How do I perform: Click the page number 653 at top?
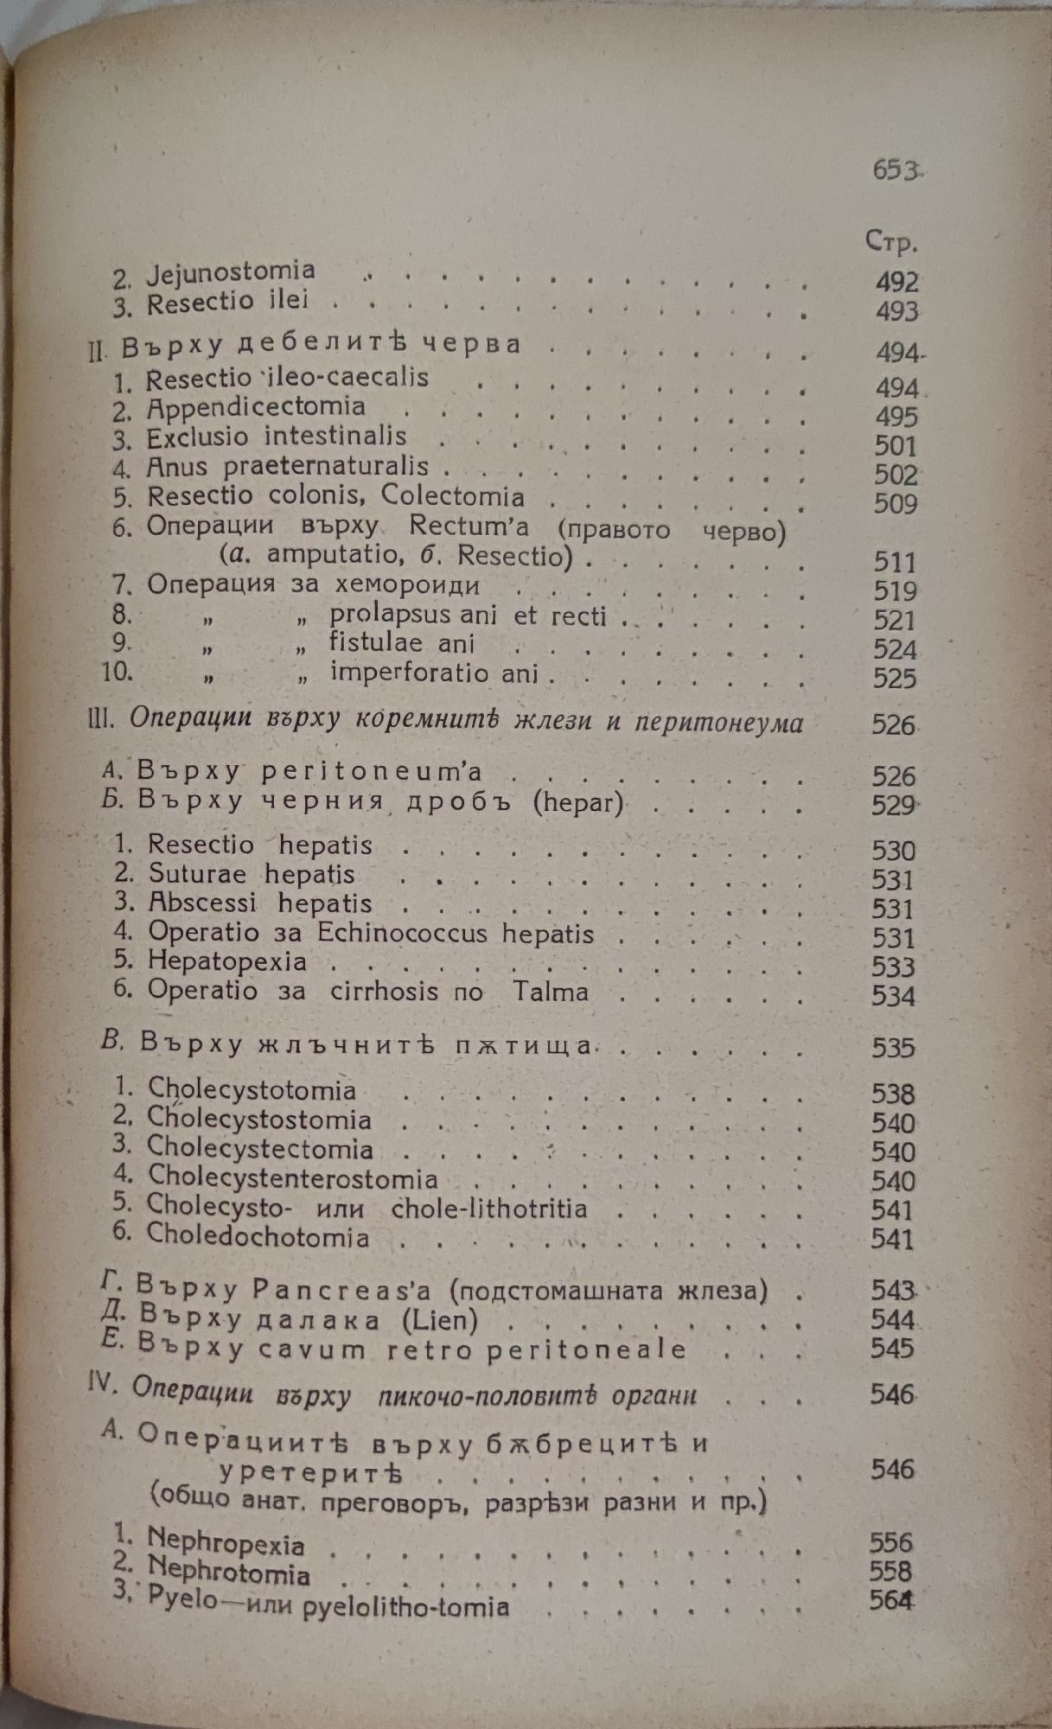(894, 170)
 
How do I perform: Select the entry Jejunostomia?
(231, 274)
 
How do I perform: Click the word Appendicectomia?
(256, 406)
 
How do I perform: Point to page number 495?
(895, 418)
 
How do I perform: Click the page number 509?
(895, 504)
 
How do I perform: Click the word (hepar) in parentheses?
(577, 803)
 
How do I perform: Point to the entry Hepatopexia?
(227, 961)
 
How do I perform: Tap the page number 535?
(893, 1048)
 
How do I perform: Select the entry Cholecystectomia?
(260, 1149)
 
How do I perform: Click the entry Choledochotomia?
(258, 1235)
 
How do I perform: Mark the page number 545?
(893, 1349)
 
